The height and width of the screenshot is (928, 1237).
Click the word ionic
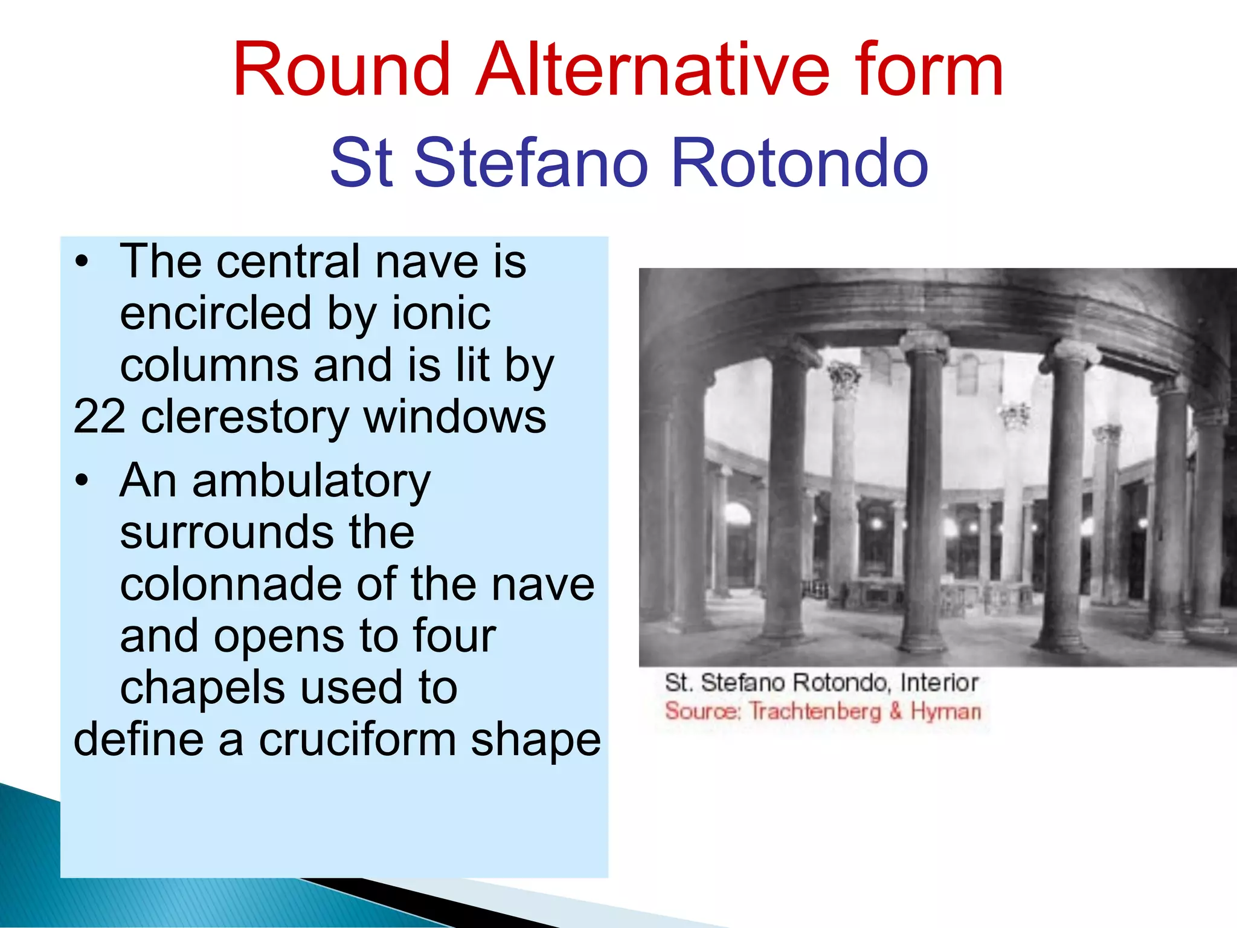pos(441,313)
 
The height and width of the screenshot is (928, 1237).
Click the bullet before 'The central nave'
pos(82,263)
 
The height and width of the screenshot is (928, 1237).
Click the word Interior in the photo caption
pos(939,683)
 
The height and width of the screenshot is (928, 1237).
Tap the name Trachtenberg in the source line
pos(815,712)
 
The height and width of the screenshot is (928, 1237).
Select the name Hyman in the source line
pos(945,712)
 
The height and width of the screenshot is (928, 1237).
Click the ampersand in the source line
pos(896,711)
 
